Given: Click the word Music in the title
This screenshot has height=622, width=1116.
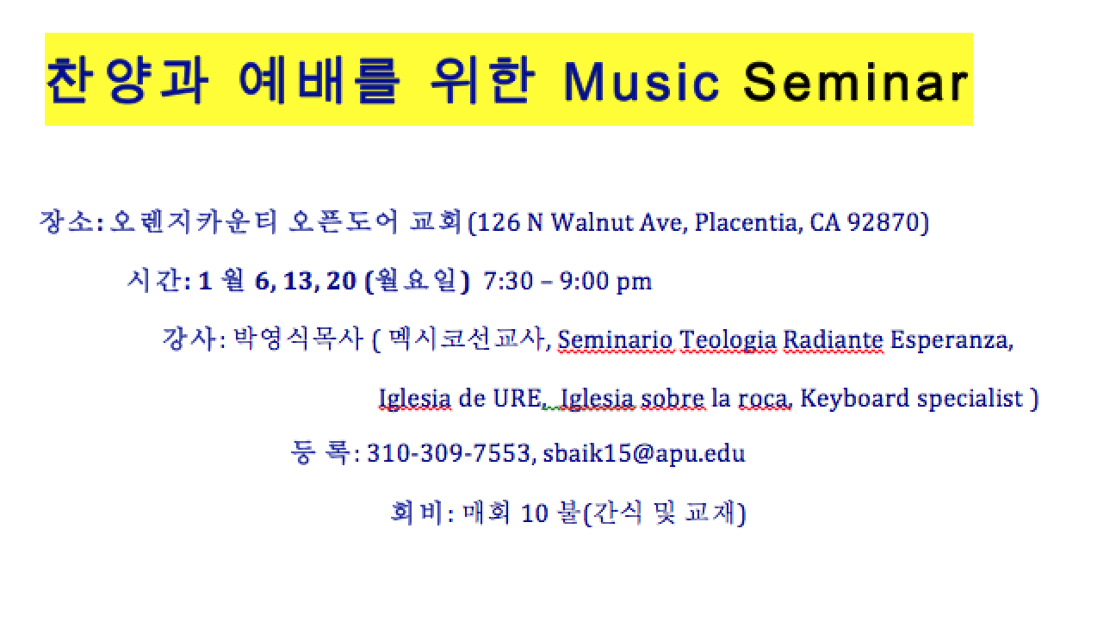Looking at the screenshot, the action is [x=642, y=82].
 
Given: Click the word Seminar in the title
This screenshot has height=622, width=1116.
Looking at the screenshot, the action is [x=855, y=82].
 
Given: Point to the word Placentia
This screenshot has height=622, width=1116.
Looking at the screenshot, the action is [x=747, y=223].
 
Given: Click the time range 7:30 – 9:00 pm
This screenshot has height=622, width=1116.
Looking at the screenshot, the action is [x=567, y=281].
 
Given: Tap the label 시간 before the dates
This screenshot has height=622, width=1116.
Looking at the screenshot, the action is [x=154, y=280].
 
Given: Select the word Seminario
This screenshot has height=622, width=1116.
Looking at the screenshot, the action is [x=616, y=340].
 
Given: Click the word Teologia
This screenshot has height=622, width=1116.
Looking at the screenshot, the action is [x=728, y=341].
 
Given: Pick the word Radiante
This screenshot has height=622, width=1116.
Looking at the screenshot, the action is [x=833, y=340].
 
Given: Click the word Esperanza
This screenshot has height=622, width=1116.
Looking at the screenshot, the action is [x=950, y=341].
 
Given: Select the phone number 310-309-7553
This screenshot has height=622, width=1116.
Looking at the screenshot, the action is [x=449, y=453].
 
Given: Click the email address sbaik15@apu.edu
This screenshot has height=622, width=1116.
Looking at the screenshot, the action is [x=644, y=454].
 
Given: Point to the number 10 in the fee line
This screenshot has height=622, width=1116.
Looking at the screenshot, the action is [x=535, y=513].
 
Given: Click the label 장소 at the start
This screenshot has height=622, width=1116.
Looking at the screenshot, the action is [x=66, y=221].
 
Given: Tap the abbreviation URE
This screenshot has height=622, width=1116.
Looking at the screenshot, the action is [x=517, y=398].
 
